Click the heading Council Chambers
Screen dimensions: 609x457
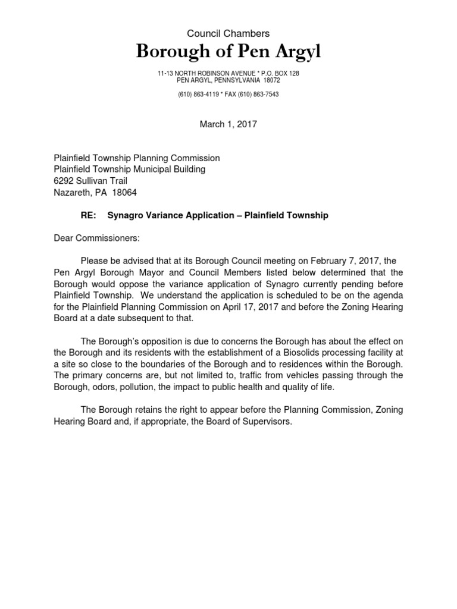pos(228,34)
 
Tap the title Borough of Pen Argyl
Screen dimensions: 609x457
pos(228,52)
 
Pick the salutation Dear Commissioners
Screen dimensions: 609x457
pos(97,238)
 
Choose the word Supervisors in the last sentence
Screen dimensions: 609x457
pos(268,421)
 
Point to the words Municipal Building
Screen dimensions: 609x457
pos(168,169)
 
